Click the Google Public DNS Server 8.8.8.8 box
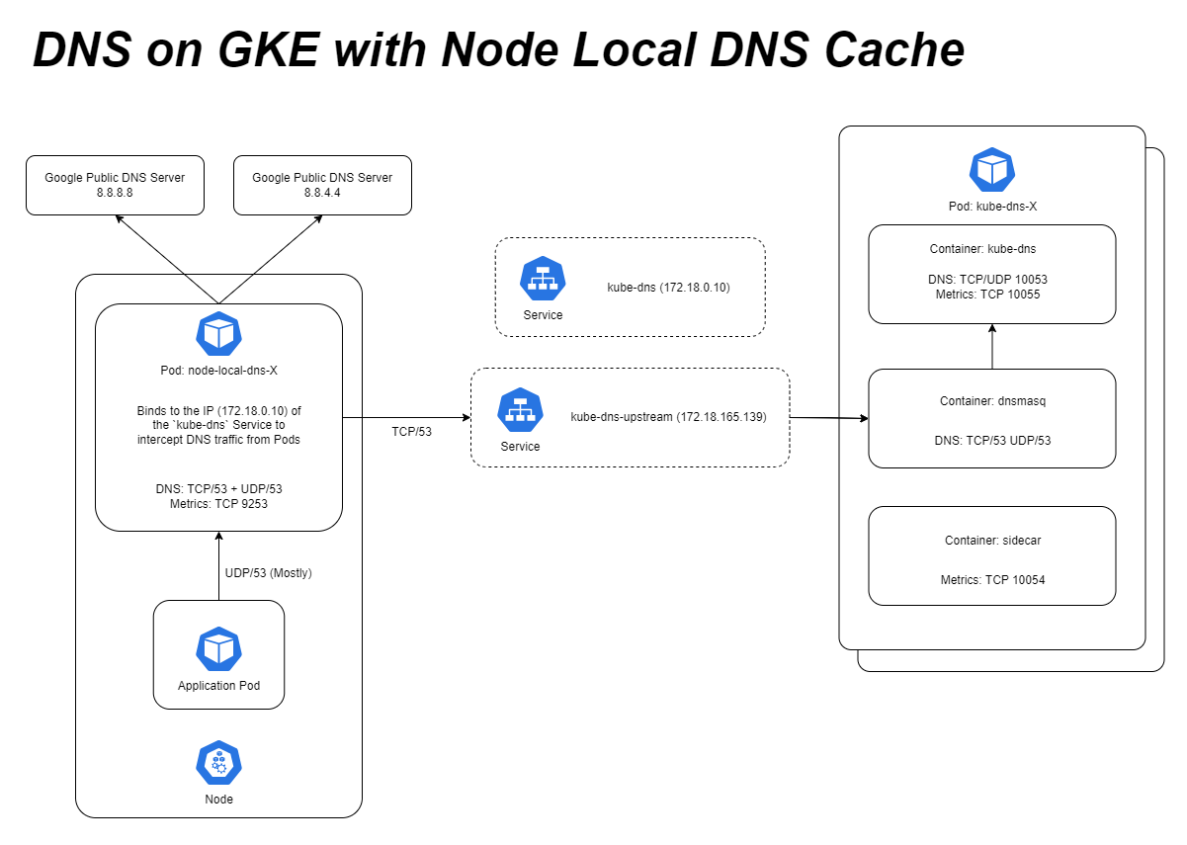pyautogui.click(x=115, y=185)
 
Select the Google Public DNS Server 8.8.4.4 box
pyautogui.click(x=322, y=185)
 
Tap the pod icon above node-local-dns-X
pyautogui.click(x=218, y=333)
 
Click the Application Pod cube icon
pyautogui.click(x=218, y=648)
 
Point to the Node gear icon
pyautogui.click(x=218, y=763)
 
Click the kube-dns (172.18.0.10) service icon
pyautogui.click(x=543, y=279)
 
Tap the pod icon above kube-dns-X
pyautogui.click(x=991, y=170)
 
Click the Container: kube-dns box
pyautogui.click(x=991, y=274)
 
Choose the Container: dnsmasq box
pyautogui.click(x=991, y=418)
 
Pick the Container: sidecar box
pyautogui.click(x=991, y=555)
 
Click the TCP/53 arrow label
pyautogui.click(x=412, y=431)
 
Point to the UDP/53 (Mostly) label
pyautogui.click(x=269, y=573)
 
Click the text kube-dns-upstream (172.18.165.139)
pyautogui.click(x=668, y=417)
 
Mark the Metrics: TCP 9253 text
pyautogui.click(x=218, y=503)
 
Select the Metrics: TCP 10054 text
pyautogui.click(x=991, y=580)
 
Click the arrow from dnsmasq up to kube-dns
pyautogui.click(x=991, y=347)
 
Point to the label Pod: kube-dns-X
pyautogui.click(x=991, y=207)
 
